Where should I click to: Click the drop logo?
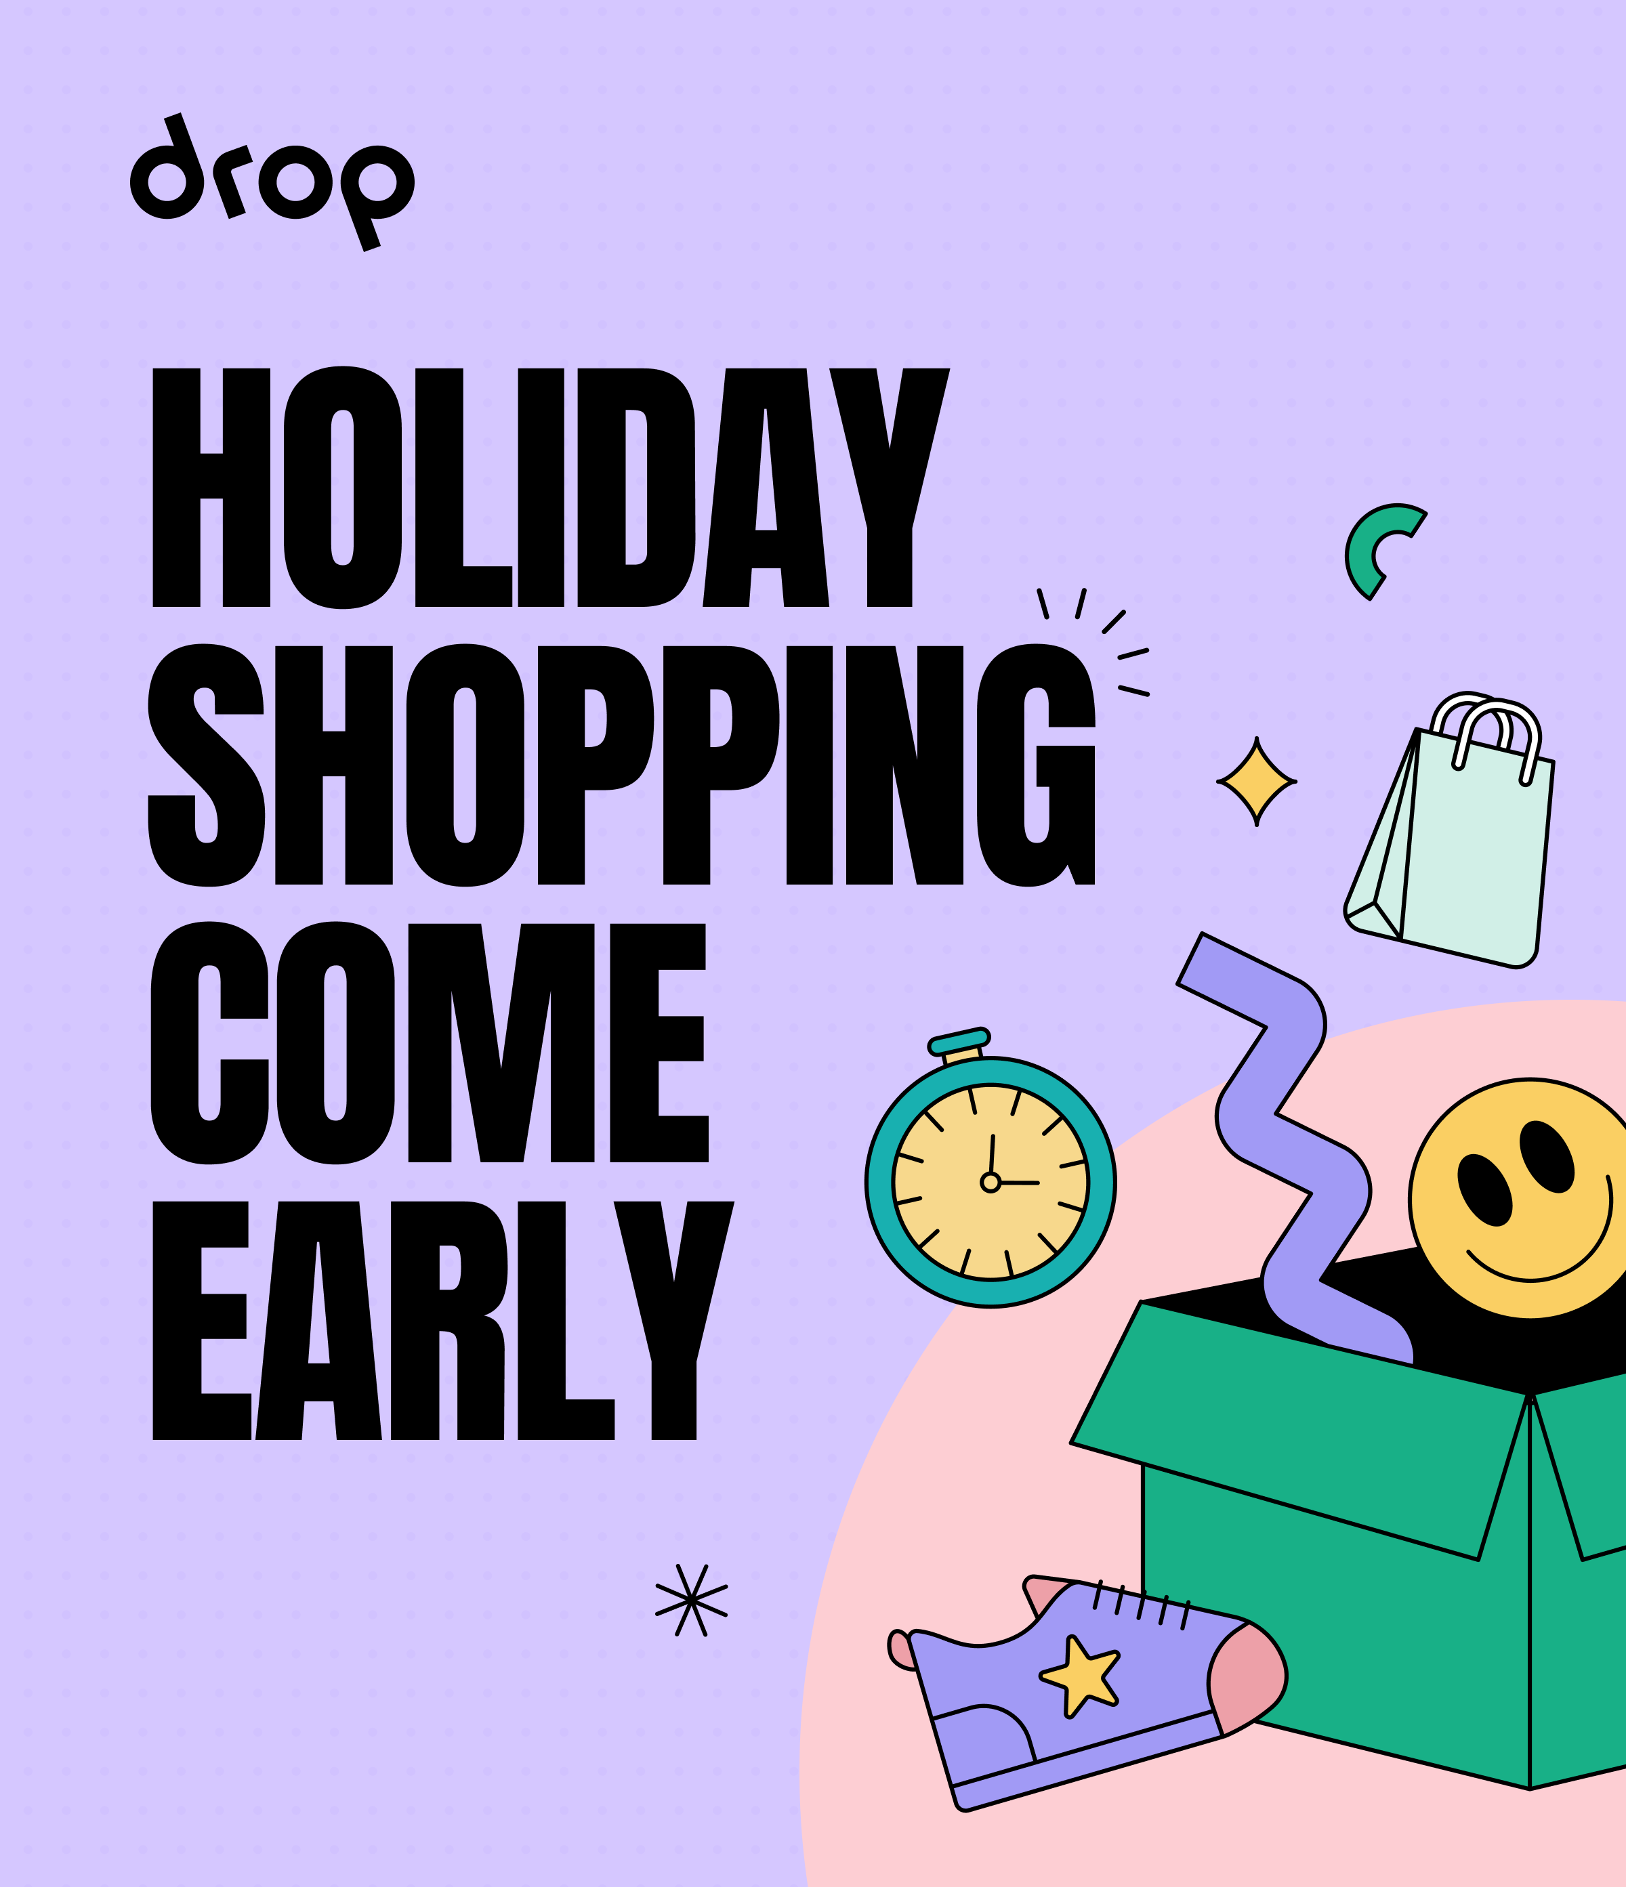pyautogui.click(x=272, y=182)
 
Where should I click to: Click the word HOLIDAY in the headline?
pyautogui.click(x=551, y=486)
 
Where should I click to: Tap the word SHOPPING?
pyautogui.click(x=621, y=765)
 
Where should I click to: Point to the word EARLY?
pyautogui.click(x=442, y=1321)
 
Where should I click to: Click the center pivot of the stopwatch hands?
pyautogui.click(x=991, y=1182)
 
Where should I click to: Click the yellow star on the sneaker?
pyautogui.click(x=1079, y=1676)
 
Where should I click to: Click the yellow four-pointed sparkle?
pyautogui.click(x=1256, y=782)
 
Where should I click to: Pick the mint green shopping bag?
pyautogui.click(x=1448, y=843)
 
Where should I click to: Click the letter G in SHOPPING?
pyautogui.click(x=1036, y=765)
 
